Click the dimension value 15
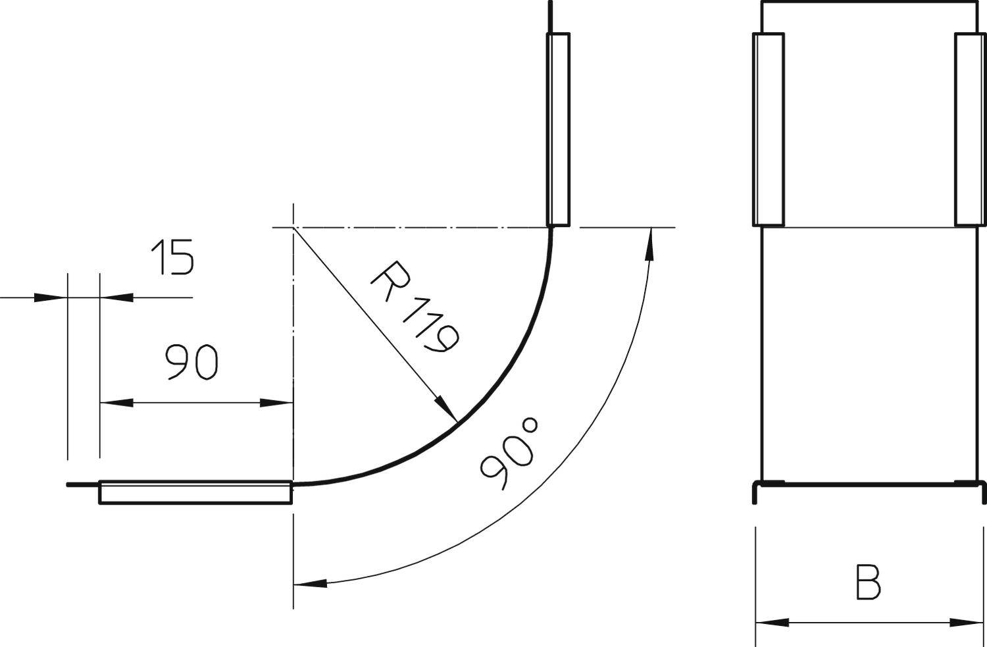[x=172, y=257]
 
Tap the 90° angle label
[x=510, y=454]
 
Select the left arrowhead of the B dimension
[x=763, y=622]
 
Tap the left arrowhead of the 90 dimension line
[x=109, y=402]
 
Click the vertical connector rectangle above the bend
[x=558, y=129]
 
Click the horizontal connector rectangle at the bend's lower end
[x=195, y=492]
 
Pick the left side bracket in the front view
[x=768, y=129]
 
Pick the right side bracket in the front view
[x=971, y=129]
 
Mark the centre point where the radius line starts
[x=293, y=227]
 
